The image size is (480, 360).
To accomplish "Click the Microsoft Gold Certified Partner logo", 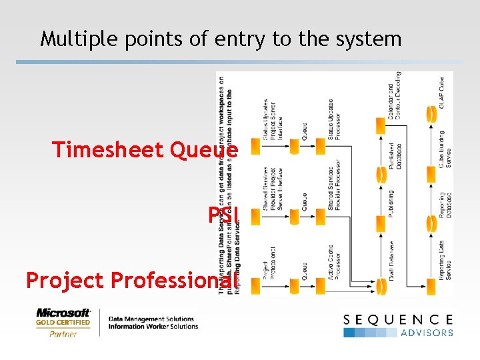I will click(63, 322).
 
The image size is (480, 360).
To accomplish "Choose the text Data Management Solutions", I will click(151, 319).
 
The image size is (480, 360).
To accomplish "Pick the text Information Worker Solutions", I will click(153, 327).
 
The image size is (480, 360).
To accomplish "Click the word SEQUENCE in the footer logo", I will click(398, 320).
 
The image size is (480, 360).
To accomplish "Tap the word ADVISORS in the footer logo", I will click(427, 333).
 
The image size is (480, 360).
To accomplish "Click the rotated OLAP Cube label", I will click(441, 93).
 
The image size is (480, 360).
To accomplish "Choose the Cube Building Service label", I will click(441, 149).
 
